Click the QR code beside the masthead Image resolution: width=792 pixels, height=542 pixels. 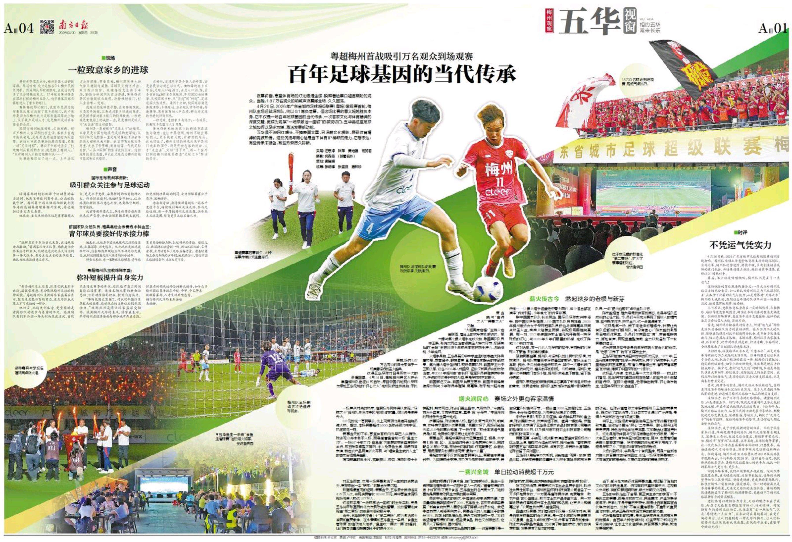coord(47,27)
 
